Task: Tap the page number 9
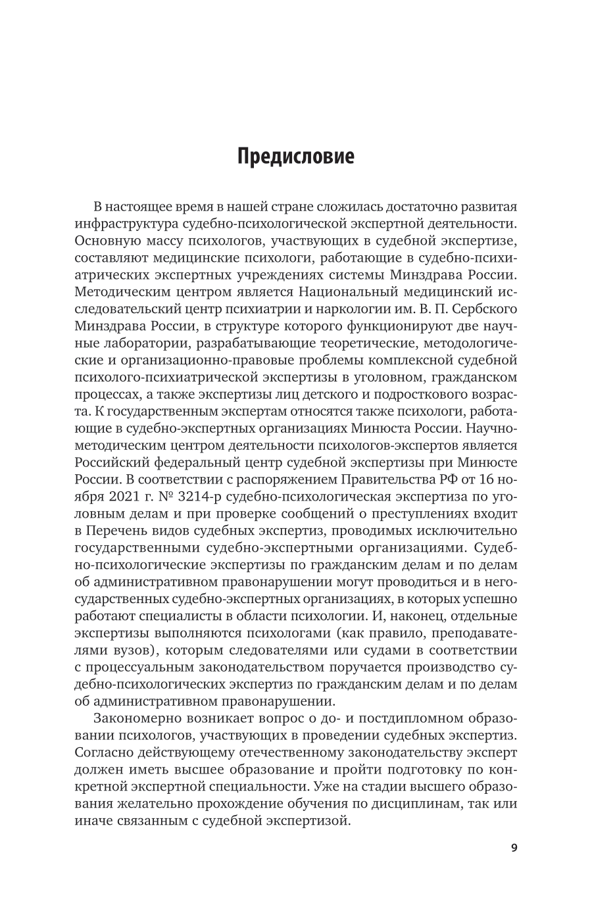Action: tap(514, 847)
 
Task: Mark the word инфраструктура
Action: tap(124, 224)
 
